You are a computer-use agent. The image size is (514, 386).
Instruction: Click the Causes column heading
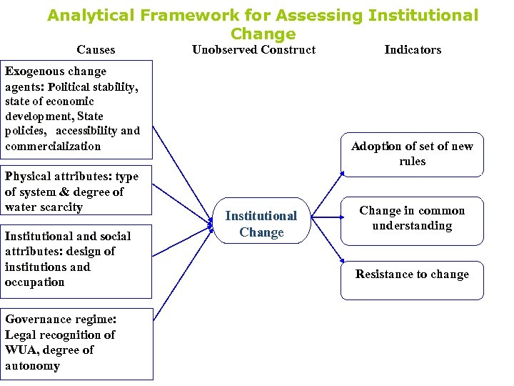click(96, 49)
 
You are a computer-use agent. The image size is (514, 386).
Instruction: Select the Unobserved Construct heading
click(253, 49)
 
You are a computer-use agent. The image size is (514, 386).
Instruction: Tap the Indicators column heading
click(413, 49)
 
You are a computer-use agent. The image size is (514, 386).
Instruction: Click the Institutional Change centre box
click(261, 224)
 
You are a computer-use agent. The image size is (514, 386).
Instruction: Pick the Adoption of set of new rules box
click(412, 154)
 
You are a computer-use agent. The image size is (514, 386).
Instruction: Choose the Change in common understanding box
click(412, 219)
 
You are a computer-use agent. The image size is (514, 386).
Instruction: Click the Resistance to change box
click(412, 274)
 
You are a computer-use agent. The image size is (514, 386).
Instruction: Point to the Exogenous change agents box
click(76, 109)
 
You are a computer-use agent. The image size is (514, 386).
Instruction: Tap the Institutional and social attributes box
click(76, 259)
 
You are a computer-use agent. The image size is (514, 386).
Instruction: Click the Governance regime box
click(76, 343)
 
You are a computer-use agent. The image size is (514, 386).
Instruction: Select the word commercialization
click(53, 147)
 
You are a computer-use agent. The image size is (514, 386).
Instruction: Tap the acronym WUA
click(20, 350)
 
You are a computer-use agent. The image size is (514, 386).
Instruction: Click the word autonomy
click(32, 366)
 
